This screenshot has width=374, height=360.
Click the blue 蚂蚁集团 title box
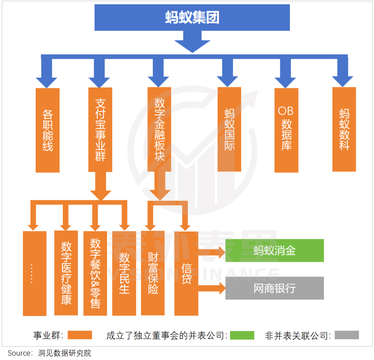[192, 17]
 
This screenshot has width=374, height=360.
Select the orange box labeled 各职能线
[47, 130]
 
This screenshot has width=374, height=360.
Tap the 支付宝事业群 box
[100, 130]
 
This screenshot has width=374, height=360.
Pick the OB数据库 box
[286, 130]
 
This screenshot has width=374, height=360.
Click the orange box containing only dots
[35, 273]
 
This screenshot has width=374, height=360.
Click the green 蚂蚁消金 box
[275, 251]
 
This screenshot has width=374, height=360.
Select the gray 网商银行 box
[275, 288]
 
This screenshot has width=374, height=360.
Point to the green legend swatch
[242, 335]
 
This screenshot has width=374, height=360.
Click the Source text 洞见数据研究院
[65, 353]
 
